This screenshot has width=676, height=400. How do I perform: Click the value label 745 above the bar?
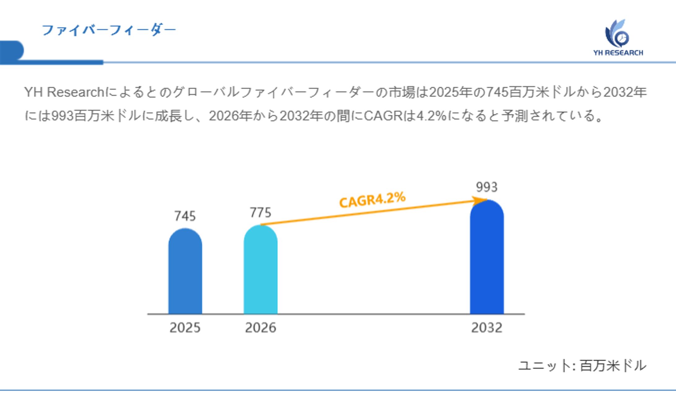[x=185, y=216]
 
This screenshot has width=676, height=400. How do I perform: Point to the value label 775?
[x=260, y=213]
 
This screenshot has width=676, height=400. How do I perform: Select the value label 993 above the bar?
[x=487, y=187]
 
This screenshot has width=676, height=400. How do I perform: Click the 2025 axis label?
[x=185, y=328]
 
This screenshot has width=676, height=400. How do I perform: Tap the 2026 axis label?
[x=260, y=328]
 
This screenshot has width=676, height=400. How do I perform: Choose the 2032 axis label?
[x=487, y=328]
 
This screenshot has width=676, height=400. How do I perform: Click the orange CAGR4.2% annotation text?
[x=372, y=200]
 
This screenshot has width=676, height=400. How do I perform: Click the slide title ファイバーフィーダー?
[x=109, y=30]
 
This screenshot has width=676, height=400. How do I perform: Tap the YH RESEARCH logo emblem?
[x=617, y=34]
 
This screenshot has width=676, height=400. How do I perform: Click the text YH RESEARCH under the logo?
[x=618, y=53]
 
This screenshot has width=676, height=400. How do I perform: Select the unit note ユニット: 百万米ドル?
[x=582, y=365]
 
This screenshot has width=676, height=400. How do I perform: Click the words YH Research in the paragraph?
[x=64, y=92]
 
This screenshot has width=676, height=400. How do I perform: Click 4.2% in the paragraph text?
[x=431, y=116]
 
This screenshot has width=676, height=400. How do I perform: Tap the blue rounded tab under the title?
[x=12, y=50]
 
